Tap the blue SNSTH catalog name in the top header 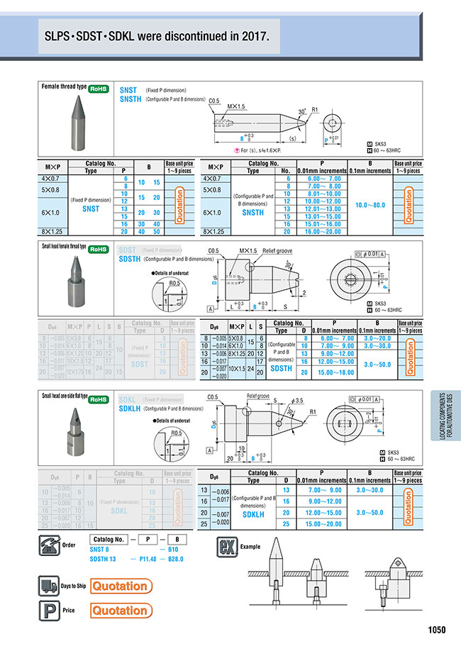(130, 100)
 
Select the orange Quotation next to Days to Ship (121, 586)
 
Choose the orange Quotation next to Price (121, 610)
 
